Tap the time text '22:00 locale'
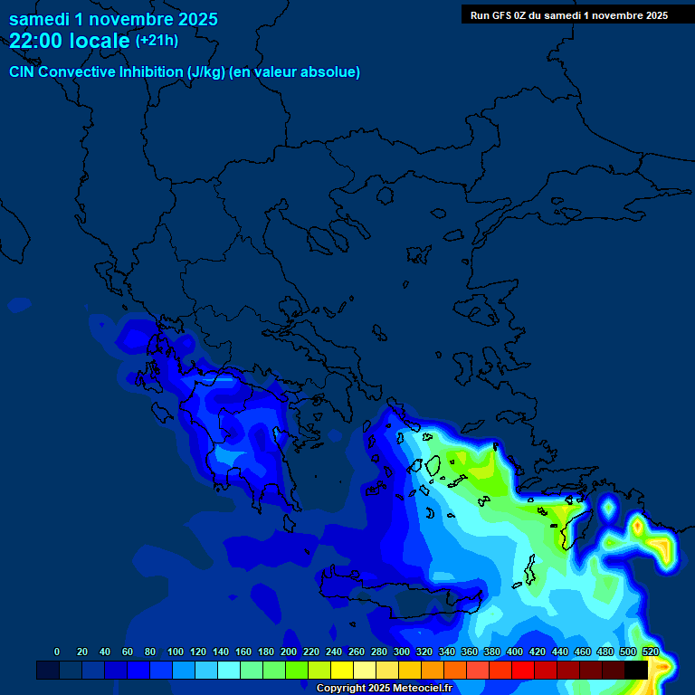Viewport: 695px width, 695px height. point(70,41)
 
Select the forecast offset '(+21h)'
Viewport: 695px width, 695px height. point(157,41)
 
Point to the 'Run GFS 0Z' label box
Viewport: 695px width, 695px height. point(568,14)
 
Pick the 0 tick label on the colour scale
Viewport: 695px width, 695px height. point(57,652)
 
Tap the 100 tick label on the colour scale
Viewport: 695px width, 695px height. point(175,652)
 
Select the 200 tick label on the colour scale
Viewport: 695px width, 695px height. point(289,652)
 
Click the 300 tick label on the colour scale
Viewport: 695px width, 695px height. point(401,652)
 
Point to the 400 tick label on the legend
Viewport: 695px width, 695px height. point(514,652)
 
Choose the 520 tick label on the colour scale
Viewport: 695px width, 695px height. point(650,652)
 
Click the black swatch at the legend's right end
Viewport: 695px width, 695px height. point(636,670)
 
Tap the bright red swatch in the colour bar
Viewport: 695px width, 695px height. point(523,670)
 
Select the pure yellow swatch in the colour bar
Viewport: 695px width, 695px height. point(342,670)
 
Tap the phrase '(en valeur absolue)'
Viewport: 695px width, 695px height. point(295,72)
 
